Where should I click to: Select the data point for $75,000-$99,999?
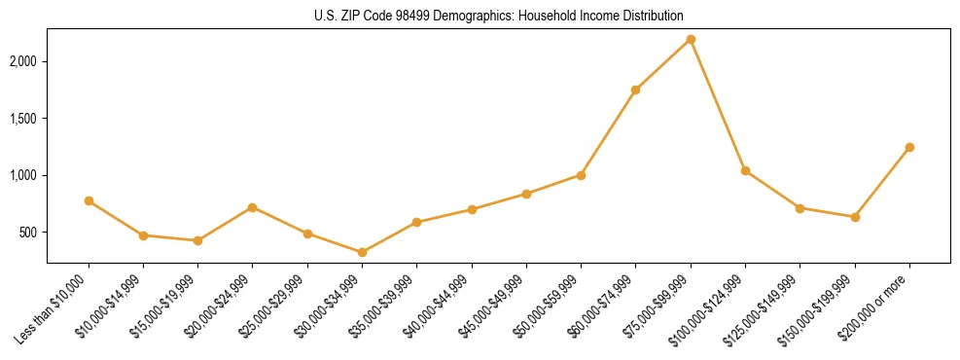pos(691,39)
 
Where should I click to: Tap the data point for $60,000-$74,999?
pos(636,90)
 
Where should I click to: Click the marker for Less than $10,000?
pos(89,200)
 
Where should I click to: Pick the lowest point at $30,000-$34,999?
pos(362,252)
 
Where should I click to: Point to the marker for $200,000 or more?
pos(909,147)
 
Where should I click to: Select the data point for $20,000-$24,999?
pos(253,207)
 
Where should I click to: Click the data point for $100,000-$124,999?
pos(745,170)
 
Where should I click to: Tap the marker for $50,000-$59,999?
pos(581,175)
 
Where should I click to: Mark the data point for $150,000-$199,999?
pos(855,217)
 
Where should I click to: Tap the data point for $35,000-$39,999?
pos(416,222)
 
